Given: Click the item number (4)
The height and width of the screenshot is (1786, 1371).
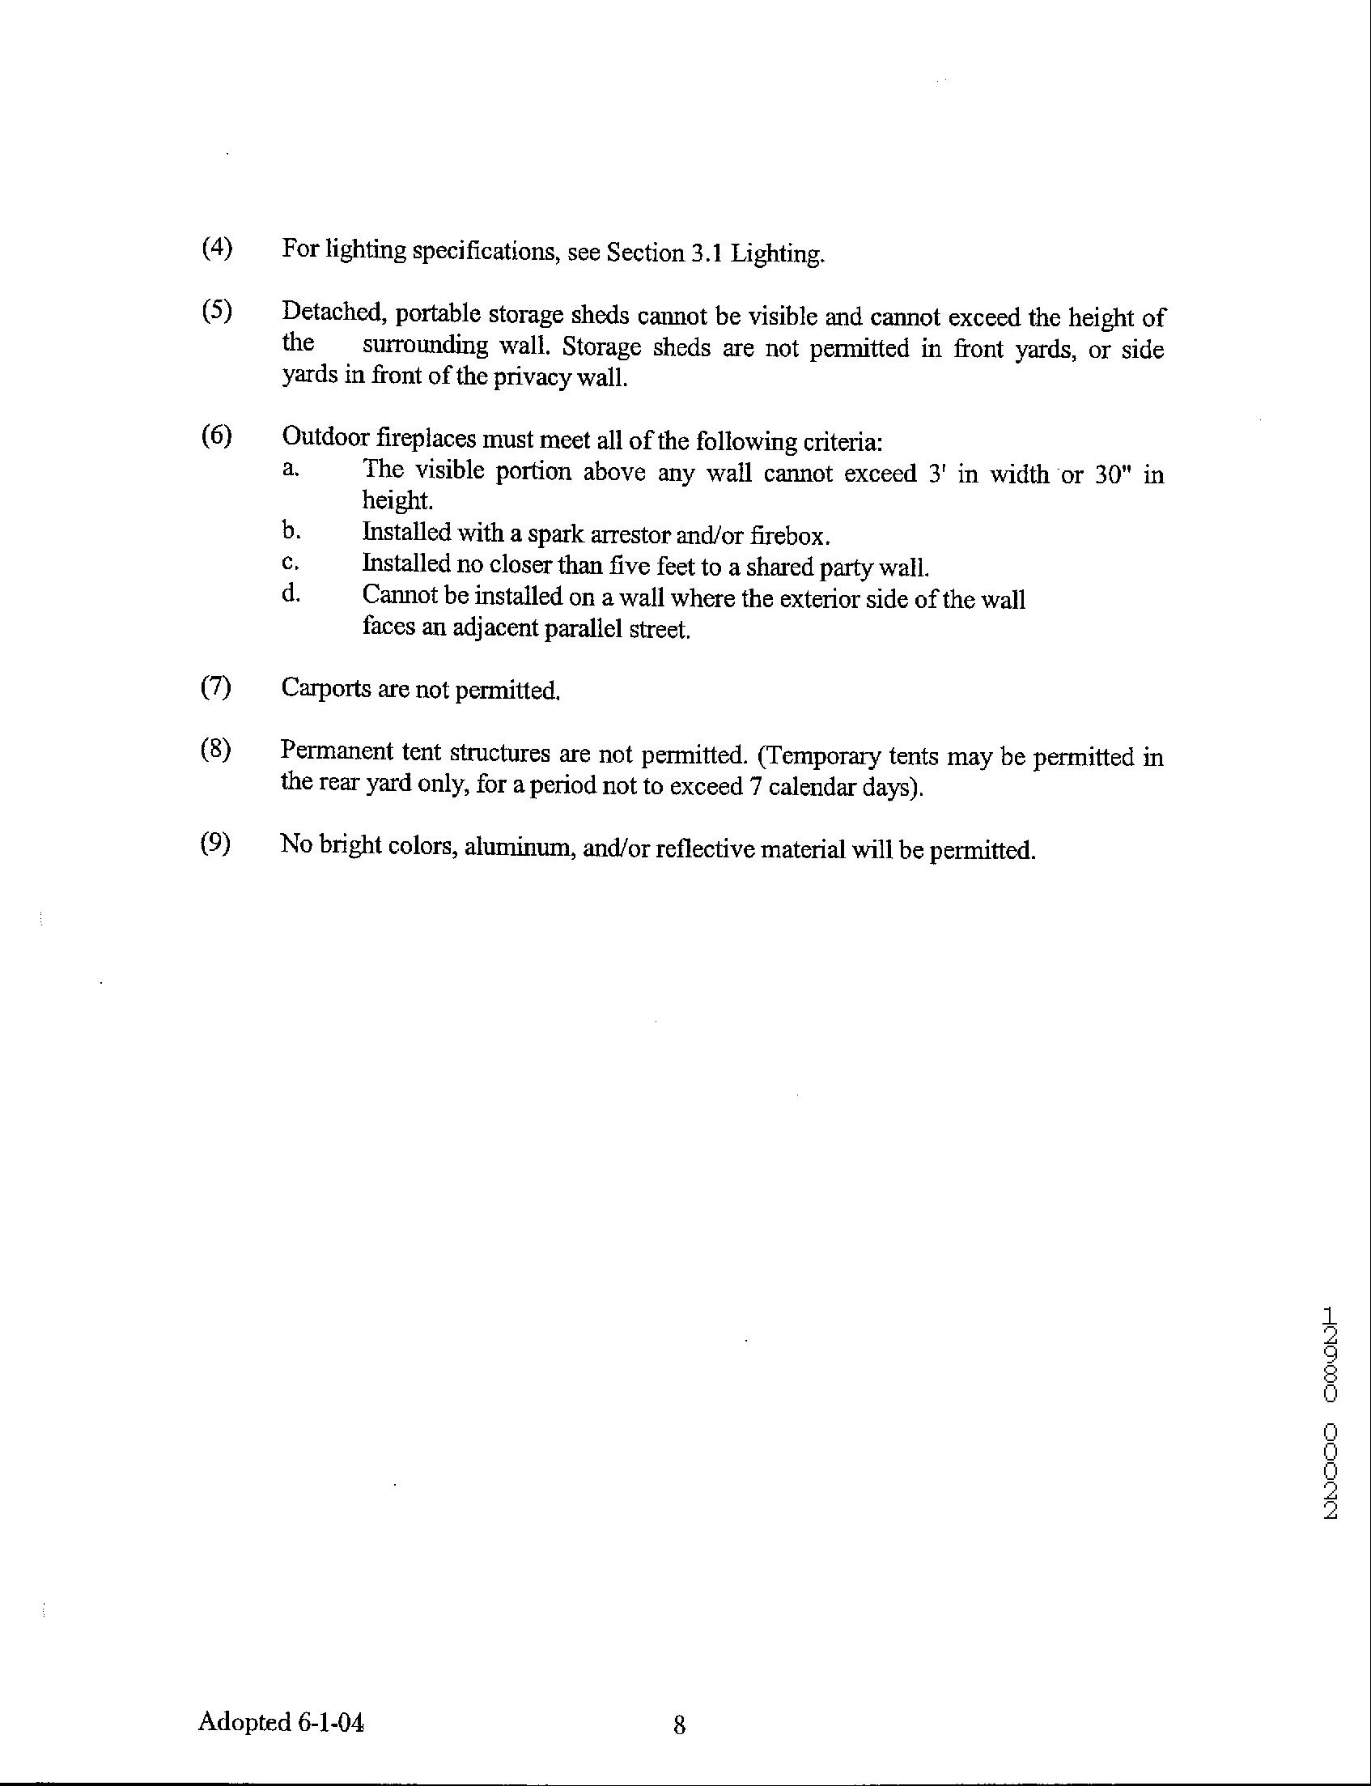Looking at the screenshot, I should pyautogui.click(x=217, y=247).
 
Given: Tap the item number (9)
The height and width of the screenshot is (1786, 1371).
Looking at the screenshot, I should pyautogui.click(x=216, y=842).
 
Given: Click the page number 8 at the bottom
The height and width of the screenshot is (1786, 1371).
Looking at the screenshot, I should pyautogui.click(x=679, y=1724).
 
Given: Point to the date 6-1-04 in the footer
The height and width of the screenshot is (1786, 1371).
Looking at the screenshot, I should pyautogui.click(x=330, y=1721).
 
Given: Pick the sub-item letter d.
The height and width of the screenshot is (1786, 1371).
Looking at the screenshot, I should pyautogui.click(x=291, y=593).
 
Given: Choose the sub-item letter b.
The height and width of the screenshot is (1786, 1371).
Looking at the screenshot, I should pyautogui.click(x=291, y=531).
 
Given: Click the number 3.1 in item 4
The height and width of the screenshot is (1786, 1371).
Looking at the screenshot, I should pyautogui.click(x=707, y=253).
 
